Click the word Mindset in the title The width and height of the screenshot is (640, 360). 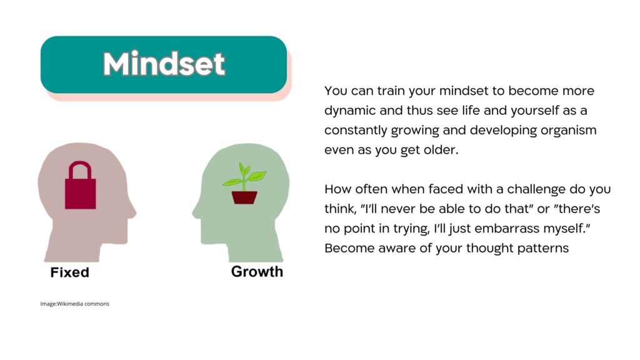coord(164,64)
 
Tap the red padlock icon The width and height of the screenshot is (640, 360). coord(81,185)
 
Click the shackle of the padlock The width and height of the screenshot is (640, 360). coord(80,170)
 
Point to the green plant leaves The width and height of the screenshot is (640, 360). coord(244,176)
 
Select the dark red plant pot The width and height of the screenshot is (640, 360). coord(244,197)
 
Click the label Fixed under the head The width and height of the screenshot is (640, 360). coord(70,272)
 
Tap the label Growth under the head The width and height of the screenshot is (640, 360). coord(257,271)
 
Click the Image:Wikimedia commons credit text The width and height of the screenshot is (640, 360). coord(75,304)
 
